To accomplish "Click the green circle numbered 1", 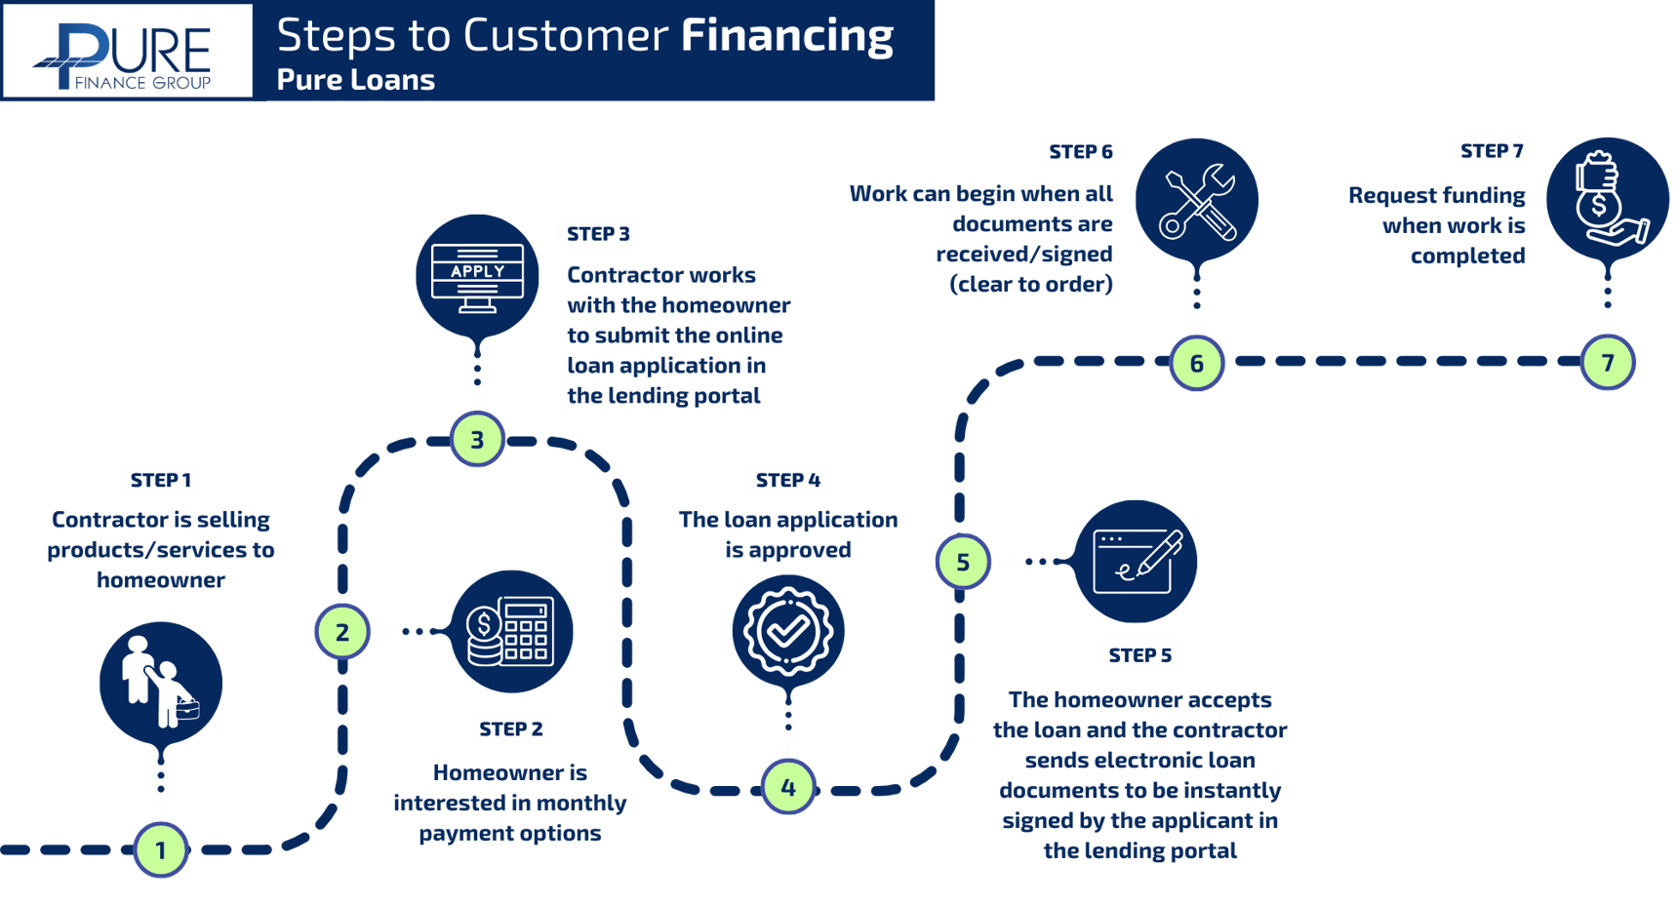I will pyautogui.click(x=161, y=850).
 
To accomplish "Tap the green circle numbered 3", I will pyautogui.click(x=477, y=440).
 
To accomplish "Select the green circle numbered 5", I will pyautogui.click(x=963, y=562).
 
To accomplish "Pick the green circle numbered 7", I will pyautogui.click(x=1608, y=363).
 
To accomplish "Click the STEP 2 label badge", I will pyautogui.click(x=510, y=728).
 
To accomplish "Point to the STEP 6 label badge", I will pyautogui.click(x=1080, y=151).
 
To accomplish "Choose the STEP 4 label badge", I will pyautogui.click(x=787, y=480).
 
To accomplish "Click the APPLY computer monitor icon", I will pyautogui.click(x=477, y=277).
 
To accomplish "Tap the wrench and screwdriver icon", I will pyautogui.click(x=1197, y=201).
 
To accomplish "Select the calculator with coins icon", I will pyautogui.click(x=511, y=632).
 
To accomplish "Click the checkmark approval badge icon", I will pyautogui.click(x=788, y=632).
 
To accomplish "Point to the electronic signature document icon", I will pyautogui.click(x=1136, y=562).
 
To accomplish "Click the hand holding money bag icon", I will pyautogui.click(x=1608, y=199).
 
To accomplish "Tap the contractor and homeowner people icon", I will pyautogui.click(x=161, y=683).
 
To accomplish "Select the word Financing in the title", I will pyautogui.click(x=786, y=36).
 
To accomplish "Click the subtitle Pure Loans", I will pyautogui.click(x=355, y=80).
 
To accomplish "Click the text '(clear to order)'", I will pyautogui.click(x=1031, y=285).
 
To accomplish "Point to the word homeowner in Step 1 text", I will pyautogui.click(x=161, y=580).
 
